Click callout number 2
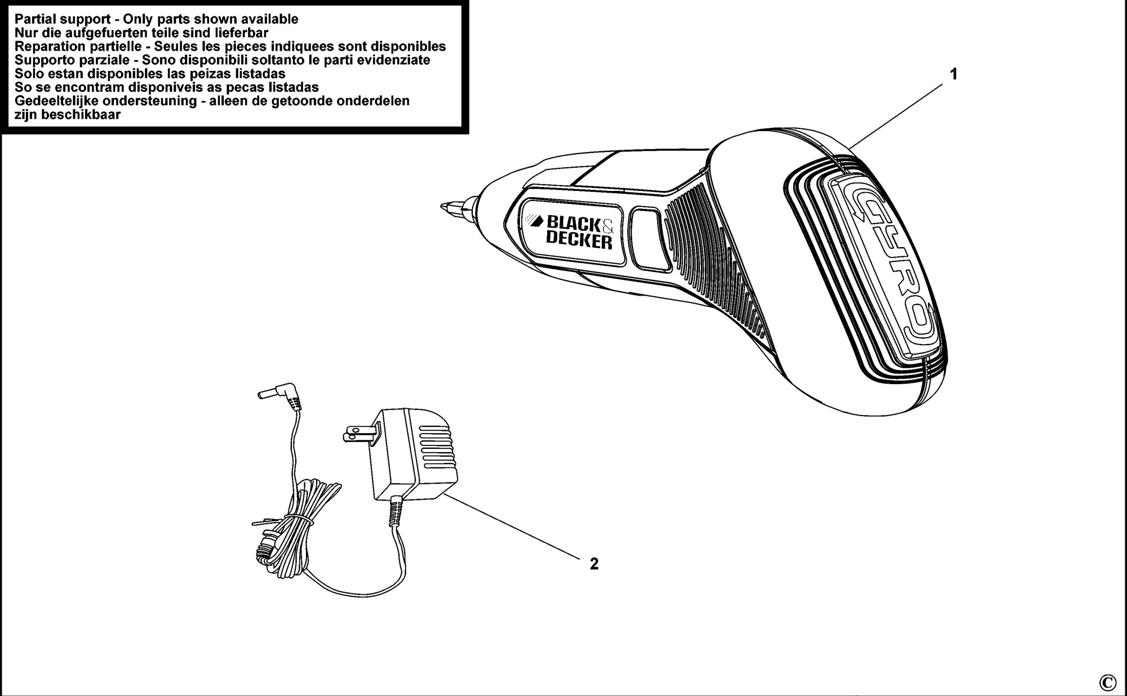pyautogui.click(x=594, y=563)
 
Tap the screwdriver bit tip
pyautogui.click(x=443, y=207)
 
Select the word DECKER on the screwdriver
pyautogui.click(x=579, y=240)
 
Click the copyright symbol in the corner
pyautogui.click(x=1107, y=683)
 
